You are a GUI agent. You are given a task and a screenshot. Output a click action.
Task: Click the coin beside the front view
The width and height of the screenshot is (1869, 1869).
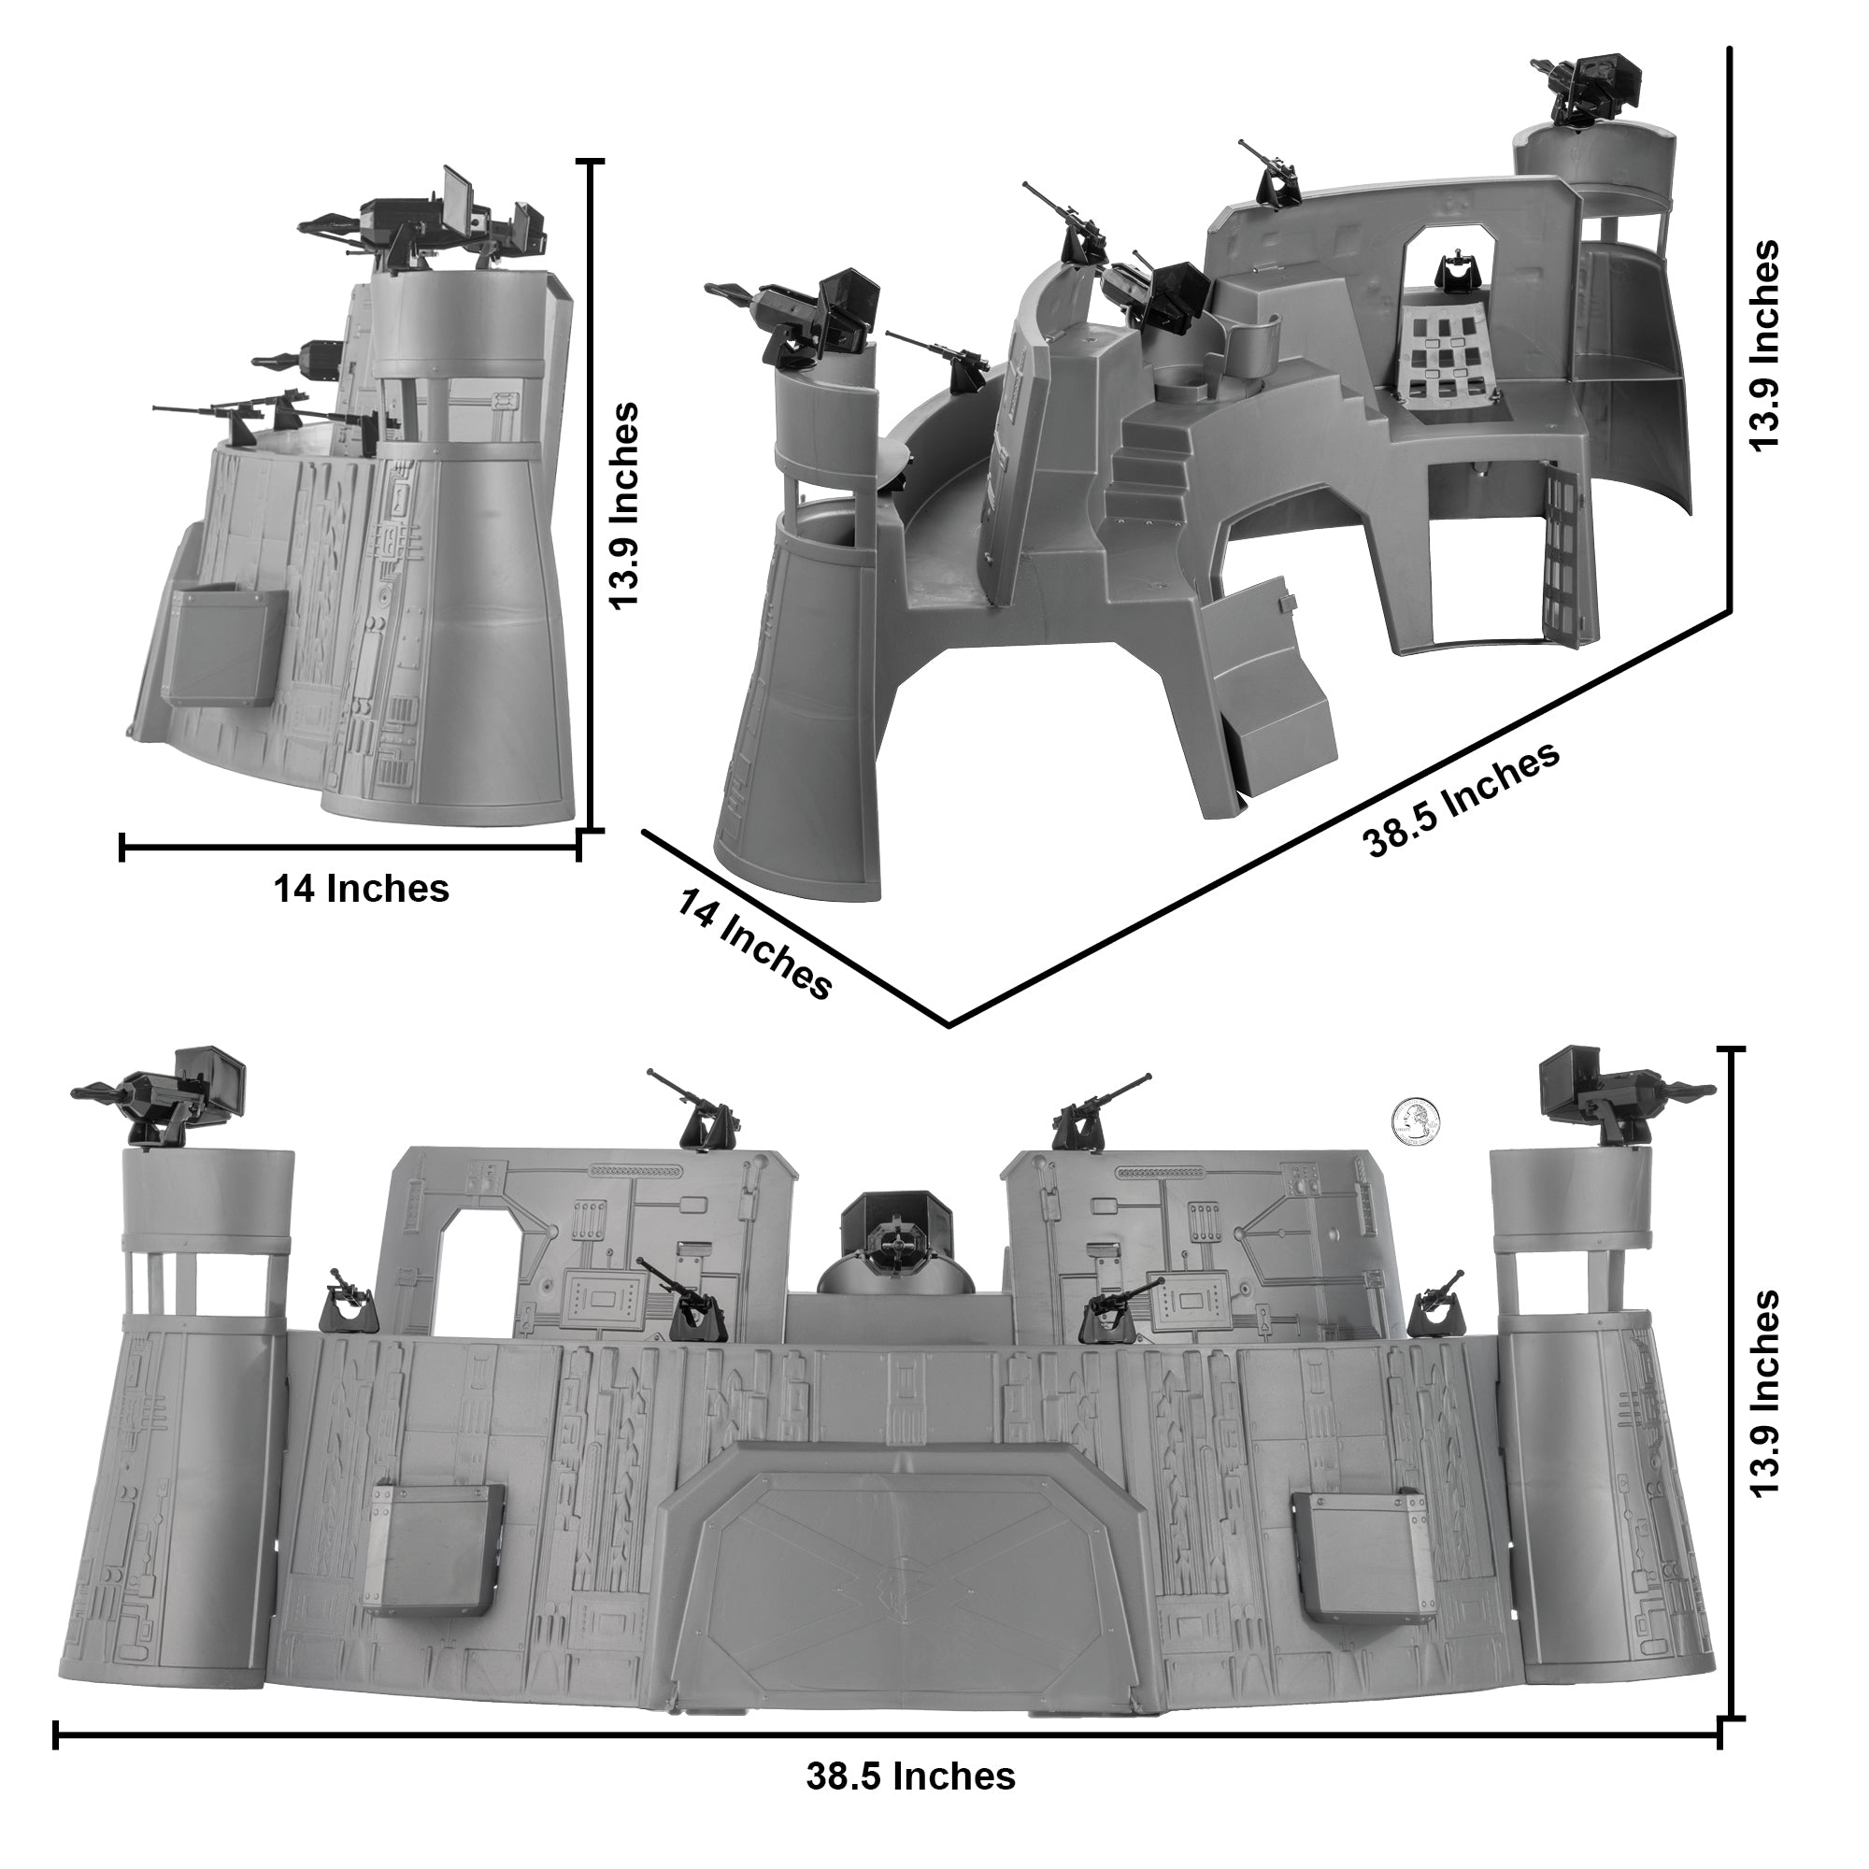point(1415,1122)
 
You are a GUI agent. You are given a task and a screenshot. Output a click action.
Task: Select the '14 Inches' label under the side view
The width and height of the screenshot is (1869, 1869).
point(361,888)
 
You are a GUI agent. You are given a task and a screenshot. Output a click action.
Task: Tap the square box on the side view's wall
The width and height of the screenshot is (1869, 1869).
point(224,645)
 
